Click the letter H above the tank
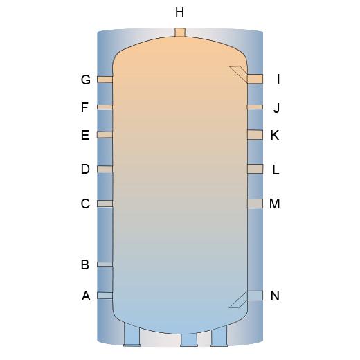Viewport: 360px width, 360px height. pyautogui.click(x=179, y=12)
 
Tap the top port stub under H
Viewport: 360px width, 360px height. pyautogui.click(x=180, y=32)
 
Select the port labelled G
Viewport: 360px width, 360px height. pyautogui.click(x=105, y=80)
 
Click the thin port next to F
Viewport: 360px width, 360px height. pyautogui.click(x=105, y=107)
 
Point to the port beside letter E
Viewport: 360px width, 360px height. pyautogui.click(x=105, y=135)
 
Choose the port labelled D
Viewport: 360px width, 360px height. pyautogui.click(x=105, y=169)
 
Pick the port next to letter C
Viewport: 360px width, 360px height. pyautogui.click(x=105, y=204)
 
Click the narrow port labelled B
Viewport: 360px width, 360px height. pyautogui.click(x=105, y=264)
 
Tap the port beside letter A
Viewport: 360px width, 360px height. pyautogui.click(x=105, y=296)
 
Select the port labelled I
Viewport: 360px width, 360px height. pyautogui.click(x=255, y=79)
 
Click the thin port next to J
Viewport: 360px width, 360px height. pyautogui.click(x=255, y=107)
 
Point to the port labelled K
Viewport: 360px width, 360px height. pyautogui.click(x=255, y=135)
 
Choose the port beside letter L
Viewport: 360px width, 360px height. pyautogui.click(x=255, y=169)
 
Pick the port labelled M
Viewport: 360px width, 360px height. pyautogui.click(x=255, y=204)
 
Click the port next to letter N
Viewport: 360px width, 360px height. pyautogui.click(x=255, y=296)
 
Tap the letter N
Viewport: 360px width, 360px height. pyautogui.click(x=275, y=296)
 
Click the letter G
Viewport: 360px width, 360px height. pyautogui.click(x=86, y=80)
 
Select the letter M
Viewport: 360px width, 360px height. pyautogui.click(x=275, y=204)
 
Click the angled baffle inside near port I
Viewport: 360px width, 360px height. pyautogui.click(x=239, y=73)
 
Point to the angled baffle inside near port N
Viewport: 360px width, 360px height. pyautogui.click(x=239, y=300)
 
